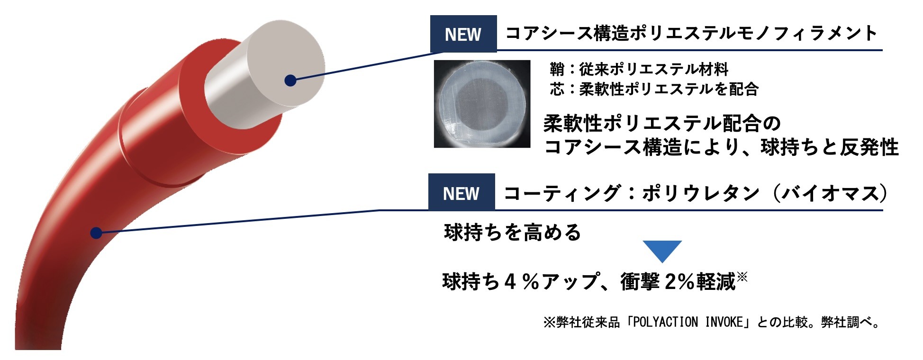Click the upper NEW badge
(463, 34)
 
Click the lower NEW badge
(461, 192)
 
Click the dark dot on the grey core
(290, 81)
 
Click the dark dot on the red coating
(96, 233)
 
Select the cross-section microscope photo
(482, 104)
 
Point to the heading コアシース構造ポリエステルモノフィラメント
(692, 33)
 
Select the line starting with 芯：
(654, 89)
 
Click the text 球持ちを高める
(513, 233)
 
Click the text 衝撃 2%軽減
(678, 282)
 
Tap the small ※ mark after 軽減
(742, 276)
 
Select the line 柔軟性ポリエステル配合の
(662, 124)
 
